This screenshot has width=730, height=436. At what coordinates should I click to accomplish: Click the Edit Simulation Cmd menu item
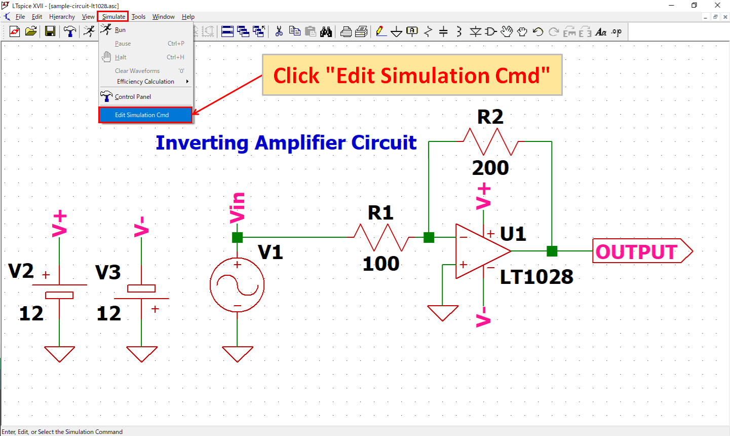click(x=142, y=115)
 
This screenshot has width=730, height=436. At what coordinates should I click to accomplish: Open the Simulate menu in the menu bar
click(x=113, y=17)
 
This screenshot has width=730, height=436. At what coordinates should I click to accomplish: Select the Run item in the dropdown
click(x=120, y=30)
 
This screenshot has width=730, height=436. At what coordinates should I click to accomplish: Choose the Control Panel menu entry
click(x=133, y=97)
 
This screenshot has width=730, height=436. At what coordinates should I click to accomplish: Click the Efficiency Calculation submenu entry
click(x=145, y=82)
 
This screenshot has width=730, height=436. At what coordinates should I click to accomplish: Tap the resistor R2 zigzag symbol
click(x=490, y=141)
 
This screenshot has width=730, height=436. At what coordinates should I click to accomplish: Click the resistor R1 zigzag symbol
click(x=381, y=237)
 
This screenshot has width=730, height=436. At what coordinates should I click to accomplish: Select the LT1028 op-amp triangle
click(x=479, y=251)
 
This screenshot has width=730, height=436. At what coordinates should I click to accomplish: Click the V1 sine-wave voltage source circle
click(x=237, y=285)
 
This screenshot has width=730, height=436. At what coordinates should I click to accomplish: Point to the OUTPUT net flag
click(x=641, y=251)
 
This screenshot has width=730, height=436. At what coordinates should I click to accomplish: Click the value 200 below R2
click(x=490, y=168)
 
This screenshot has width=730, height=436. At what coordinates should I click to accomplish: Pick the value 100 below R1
click(x=381, y=264)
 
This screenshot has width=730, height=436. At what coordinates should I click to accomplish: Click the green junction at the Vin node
click(x=237, y=237)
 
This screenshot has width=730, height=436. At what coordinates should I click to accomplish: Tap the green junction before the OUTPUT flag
click(x=552, y=251)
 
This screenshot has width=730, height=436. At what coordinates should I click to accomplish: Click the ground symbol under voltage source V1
click(x=237, y=354)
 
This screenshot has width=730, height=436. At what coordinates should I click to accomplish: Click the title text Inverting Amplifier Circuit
click(x=286, y=143)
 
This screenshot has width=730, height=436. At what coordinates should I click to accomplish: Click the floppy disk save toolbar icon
click(x=50, y=31)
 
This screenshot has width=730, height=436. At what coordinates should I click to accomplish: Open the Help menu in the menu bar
click(x=188, y=17)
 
